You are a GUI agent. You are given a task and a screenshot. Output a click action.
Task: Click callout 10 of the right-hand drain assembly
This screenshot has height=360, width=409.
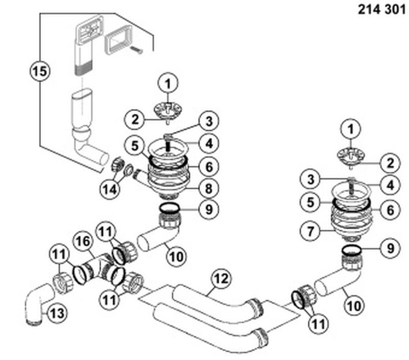(354, 306)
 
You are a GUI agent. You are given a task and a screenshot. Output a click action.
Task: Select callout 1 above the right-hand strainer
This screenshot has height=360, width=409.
(350, 130)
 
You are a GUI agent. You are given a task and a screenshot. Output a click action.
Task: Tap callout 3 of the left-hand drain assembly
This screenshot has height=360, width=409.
(208, 121)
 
